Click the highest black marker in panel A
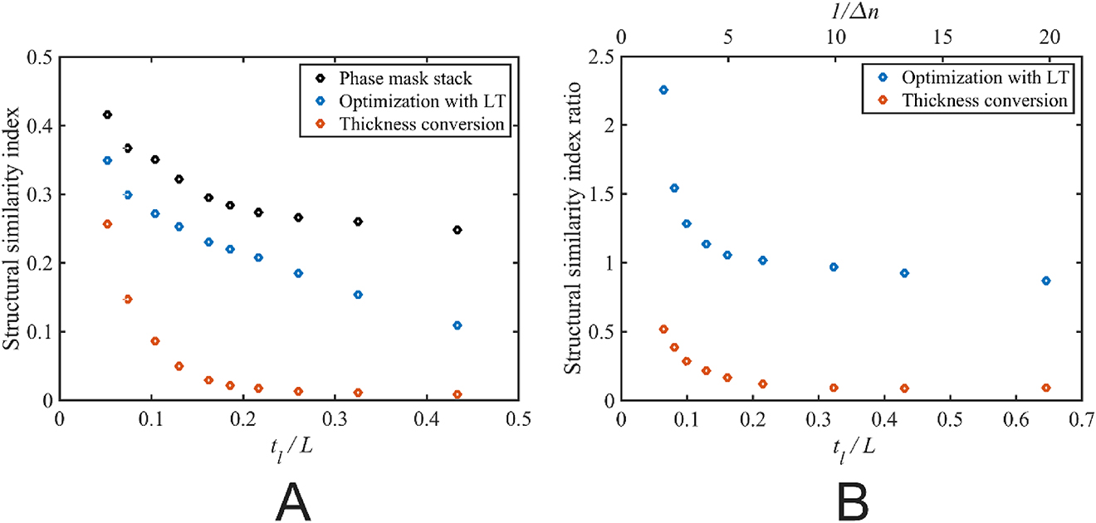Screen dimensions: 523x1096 107,115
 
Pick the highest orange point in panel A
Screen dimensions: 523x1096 107,224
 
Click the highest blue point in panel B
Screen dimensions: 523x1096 663,90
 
